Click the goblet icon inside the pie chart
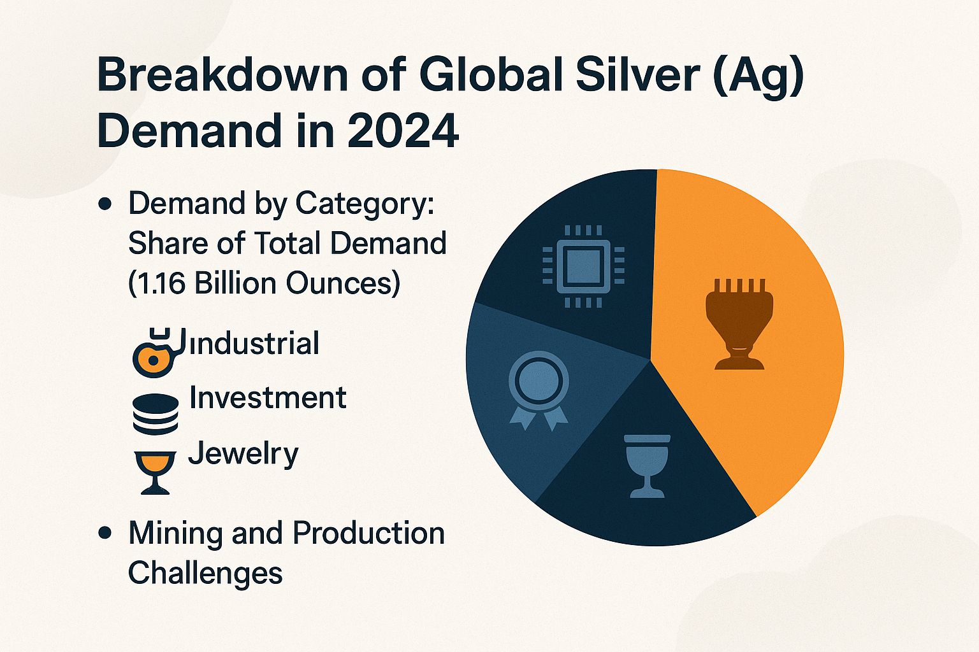647,465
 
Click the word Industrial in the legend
255,344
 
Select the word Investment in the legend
268,398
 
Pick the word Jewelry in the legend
243,454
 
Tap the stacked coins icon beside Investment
156,414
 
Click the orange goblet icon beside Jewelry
156,472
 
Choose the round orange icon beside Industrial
153,359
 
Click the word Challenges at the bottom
205,572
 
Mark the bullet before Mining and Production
106,533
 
